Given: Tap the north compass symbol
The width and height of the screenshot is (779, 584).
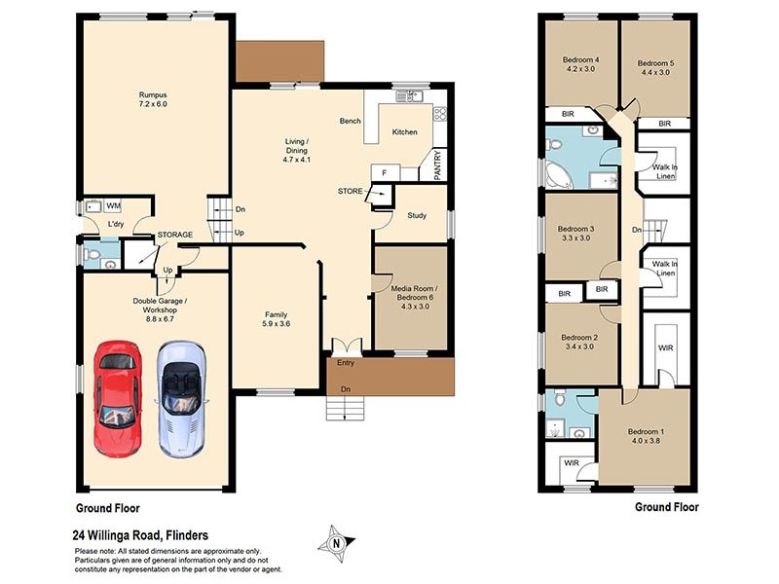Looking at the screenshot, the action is click(x=337, y=543).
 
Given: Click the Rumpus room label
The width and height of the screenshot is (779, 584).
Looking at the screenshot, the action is click(x=153, y=94).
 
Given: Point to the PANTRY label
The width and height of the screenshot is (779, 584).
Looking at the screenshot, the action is click(x=437, y=165).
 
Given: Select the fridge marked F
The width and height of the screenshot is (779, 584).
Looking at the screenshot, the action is click(x=385, y=173).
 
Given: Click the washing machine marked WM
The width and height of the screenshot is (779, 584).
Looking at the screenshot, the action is click(x=113, y=205).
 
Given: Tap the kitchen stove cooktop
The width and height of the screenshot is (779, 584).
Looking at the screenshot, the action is click(x=440, y=115).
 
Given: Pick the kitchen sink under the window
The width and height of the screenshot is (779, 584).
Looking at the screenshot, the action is click(x=409, y=95).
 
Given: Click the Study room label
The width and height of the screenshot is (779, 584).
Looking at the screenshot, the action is click(x=417, y=215).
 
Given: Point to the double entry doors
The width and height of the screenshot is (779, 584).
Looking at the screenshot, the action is click(x=347, y=346).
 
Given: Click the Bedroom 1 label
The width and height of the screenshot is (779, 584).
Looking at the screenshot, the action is click(x=646, y=431).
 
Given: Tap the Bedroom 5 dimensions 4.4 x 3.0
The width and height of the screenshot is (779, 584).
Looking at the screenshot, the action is click(x=655, y=72).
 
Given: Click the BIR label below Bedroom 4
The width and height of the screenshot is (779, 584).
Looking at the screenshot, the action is click(x=568, y=114).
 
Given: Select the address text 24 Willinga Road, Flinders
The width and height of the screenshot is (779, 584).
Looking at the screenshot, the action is click(x=140, y=535).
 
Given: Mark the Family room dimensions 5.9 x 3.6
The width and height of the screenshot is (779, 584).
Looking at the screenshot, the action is click(x=277, y=324).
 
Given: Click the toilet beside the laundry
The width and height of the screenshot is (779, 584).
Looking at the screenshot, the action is click(x=92, y=255).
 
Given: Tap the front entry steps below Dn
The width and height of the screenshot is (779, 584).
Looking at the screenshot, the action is click(x=346, y=408).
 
